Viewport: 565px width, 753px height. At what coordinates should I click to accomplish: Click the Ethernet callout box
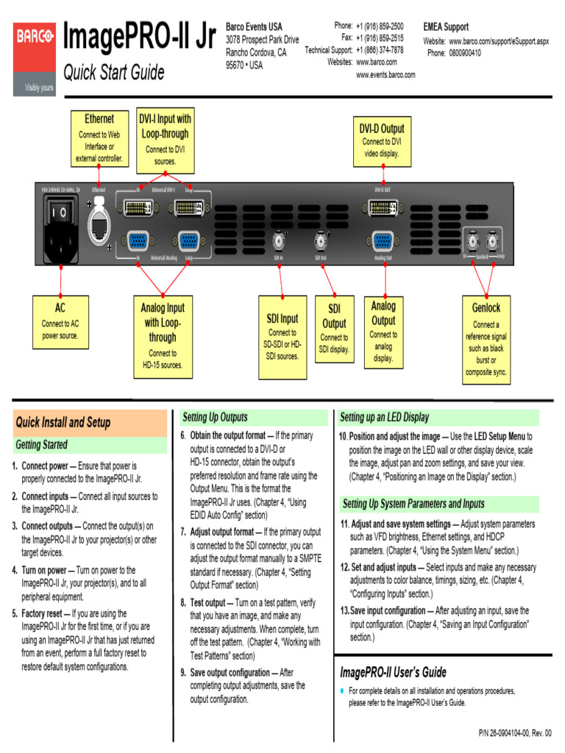pyautogui.click(x=99, y=138)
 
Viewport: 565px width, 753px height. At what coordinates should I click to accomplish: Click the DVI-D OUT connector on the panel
pyautogui.click(x=383, y=210)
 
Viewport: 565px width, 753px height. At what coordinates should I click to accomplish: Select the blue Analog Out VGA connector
pyautogui.click(x=383, y=241)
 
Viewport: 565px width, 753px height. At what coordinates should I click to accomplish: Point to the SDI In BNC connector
pyautogui.click(x=280, y=241)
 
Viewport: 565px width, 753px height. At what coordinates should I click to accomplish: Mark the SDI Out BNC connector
pyautogui.click(x=321, y=241)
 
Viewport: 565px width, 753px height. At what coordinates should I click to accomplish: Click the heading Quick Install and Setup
pyautogui.click(x=63, y=422)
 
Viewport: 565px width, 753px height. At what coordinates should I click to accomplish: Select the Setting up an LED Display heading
pyautogui.click(x=384, y=417)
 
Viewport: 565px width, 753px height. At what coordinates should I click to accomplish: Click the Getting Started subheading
pyautogui.click(x=42, y=445)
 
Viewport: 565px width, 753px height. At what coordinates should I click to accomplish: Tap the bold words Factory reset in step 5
pyautogui.click(x=42, y=613)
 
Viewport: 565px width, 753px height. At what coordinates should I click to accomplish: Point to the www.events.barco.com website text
pyautogui.click(x=385, y=75)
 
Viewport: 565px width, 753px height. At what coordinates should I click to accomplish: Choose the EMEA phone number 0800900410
pyautogui.click(x=465, y=53)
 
